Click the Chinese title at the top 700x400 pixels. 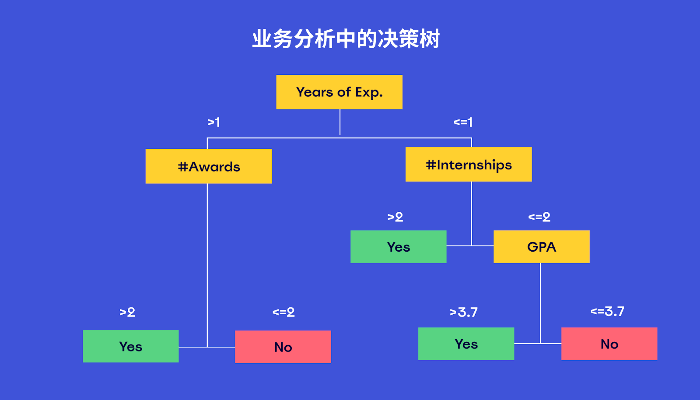tap(346, 39)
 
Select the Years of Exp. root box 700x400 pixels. tap(339, 92)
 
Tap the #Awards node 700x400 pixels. tap(209, 166)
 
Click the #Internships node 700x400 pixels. tap(469, 165)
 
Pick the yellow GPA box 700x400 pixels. tap(541, 247)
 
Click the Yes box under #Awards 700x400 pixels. tap(130, 346)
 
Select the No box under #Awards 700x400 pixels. tap(283, 347)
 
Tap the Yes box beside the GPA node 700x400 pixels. tap(398, 247)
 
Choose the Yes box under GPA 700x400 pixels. tap(466, 344)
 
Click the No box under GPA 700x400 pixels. tap(609, 344)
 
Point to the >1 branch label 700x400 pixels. tap(213, 122)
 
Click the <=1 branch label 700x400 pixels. tap(463, 122)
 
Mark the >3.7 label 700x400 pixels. tap(464, 312)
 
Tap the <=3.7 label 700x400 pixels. tap(607, 311)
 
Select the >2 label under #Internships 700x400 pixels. tap(395, 217)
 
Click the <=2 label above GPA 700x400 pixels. tap(539, 217)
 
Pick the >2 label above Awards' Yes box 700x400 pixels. tap(127, 312)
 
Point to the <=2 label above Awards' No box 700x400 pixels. tap(283, 312)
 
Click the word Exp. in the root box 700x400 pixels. tap(369, 92)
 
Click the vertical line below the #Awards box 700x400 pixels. tap(207, 263)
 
